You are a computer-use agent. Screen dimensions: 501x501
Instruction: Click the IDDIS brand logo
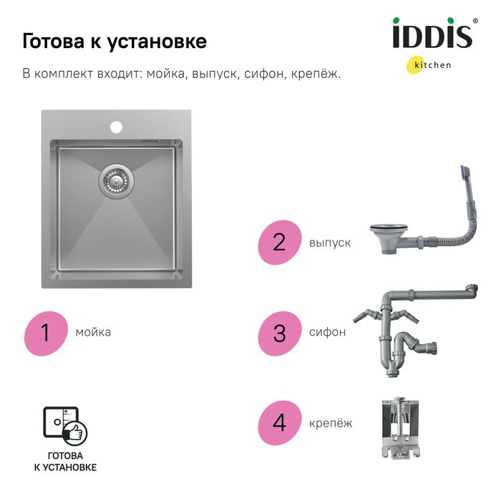pos(432,33)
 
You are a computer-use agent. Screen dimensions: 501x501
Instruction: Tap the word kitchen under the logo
pos(432,65)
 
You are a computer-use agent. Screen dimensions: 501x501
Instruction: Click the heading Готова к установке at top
pos(115,42)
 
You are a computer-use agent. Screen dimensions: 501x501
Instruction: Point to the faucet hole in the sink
pos(116,127)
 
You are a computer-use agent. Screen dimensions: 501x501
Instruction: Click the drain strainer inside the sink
pos(116,182)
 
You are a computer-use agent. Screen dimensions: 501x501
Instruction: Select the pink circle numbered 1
pos(46,333)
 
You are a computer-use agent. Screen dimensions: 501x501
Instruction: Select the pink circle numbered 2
pos(280,242)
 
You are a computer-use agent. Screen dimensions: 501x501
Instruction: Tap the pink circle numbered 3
pos(280,334)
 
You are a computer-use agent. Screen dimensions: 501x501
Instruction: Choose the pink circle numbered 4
pos(280,423)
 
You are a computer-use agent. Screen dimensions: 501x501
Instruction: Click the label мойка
pos(93,332)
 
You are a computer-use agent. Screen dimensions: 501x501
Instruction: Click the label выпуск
pos(330,243)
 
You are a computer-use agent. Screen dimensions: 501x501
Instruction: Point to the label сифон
pos(327,332)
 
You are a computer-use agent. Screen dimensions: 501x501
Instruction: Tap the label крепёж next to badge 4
pos(331,424)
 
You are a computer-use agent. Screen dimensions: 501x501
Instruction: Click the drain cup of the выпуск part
pos(389,238)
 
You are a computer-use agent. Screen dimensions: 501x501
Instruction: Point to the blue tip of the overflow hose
pos(464,172)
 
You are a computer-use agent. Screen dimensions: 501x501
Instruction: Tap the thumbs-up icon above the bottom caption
pos(74,432)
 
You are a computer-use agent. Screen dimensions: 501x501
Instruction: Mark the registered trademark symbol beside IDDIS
pos(475,21)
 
